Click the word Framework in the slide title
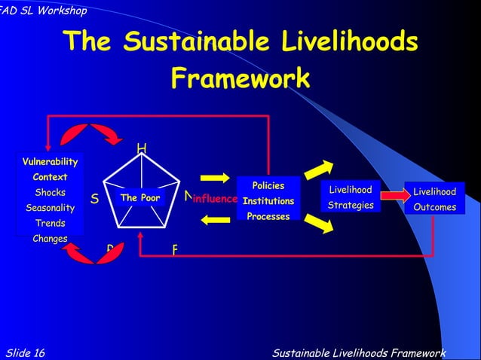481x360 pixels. [x=240, y=78]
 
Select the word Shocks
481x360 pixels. [x=50, y=193]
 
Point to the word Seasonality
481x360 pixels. [x=50, y=208]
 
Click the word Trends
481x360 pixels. [x=50, y=224]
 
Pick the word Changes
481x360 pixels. [x=50, y=239]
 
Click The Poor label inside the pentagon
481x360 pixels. [x=140, y=198]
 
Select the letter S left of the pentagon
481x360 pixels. [x=95, y=200]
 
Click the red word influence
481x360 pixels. [x=216, y=200]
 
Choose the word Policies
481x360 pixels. [x=268, y=186]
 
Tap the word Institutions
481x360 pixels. [x=268, y=201]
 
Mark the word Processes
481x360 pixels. [x=268, y=216]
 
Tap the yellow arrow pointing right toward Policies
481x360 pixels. [x=215, y=178]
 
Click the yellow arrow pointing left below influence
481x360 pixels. [x=215, y=220]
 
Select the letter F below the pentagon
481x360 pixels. [x=175, y=249]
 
